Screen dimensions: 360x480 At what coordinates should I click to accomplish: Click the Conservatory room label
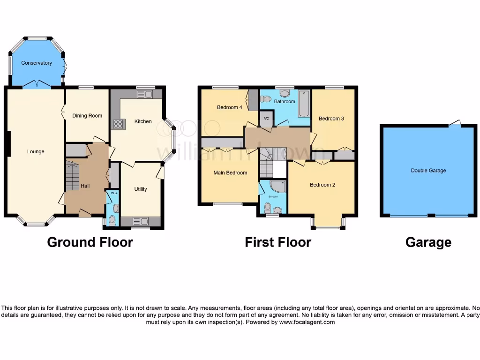click(x=37, y=63)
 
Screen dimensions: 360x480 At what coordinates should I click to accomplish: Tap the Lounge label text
click(x=36, y=151)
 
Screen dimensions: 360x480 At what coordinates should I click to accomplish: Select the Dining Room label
click(x=87, y=116)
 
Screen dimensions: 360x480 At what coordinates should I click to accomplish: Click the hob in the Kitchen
click(x=118, y=124)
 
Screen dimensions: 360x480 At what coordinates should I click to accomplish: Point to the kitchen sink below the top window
click(x=145, y=95)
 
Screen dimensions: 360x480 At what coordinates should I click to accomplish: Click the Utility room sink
click(x=141, y=221)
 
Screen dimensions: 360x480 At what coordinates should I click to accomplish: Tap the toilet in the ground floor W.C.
click(x=113, y=219)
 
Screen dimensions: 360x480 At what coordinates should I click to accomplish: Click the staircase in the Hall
click(x=72, y=176)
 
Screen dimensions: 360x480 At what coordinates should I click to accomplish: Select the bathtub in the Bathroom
click(x=304, y=104)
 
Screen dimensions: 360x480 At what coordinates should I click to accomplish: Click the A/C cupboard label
click(x=266, y=118)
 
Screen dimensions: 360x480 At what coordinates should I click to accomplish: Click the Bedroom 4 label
click(x=230, y=107)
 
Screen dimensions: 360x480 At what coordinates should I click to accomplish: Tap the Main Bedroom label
click(x=230, y=172)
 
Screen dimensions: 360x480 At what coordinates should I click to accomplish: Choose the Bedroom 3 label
click(x=331, y=119)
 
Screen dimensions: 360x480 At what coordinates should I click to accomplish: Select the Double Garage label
click(x=428, y=171)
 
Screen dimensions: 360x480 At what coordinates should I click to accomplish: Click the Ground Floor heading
click(x=90, y=242)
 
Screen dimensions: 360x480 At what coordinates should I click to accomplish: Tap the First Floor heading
click(x=278, y=242)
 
